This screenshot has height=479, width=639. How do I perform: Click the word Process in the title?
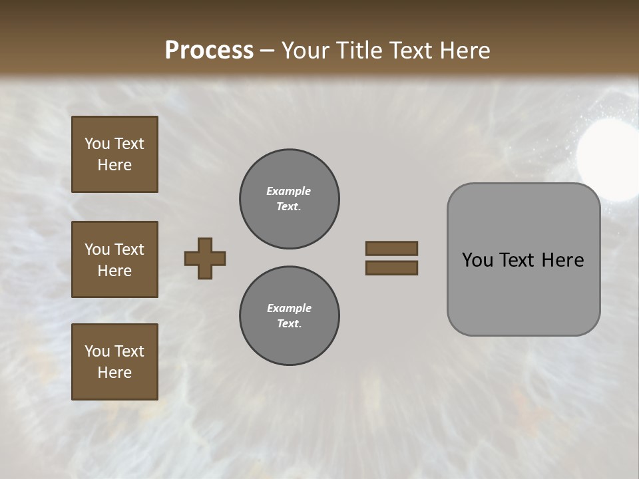pyautogui.click(x=209, y=51)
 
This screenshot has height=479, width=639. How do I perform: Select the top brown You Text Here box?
pyautogui.click(x=114, y=154)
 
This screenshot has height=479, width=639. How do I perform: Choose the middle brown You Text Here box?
pyautogui.click(x=114, y=259)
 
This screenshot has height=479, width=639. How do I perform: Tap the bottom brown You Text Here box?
pyautogui.click(x=114, y=362)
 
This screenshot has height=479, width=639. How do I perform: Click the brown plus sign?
pyautogui.click(x=205, y=258)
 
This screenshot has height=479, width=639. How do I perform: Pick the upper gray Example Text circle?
pyautogui.click(x=289, y=199)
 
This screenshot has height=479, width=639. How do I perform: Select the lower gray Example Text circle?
pyautogui.click(x=289, y=316)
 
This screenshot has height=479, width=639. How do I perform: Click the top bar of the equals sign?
pyautogui.click(x=391, y=248)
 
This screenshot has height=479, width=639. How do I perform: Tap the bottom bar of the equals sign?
pyautogui.click(x=391, y=268)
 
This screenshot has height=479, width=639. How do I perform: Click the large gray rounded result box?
pyautogui.click(x=523, y=259)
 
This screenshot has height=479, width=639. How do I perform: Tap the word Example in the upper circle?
pyautogui.click(x=289, y=191)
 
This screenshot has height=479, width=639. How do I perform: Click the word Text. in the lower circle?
pyautogui.click(x=289, y=324)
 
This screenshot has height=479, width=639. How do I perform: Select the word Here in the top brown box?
pyautogui.click(x=114, y=165)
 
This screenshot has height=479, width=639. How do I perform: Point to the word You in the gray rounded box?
pyautogui.click(x=477, y=260)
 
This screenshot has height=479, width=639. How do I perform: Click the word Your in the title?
pyautogui.click(x=306, y=51)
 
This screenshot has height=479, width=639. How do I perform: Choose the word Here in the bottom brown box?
pyautogui.click(x=114, y=373)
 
